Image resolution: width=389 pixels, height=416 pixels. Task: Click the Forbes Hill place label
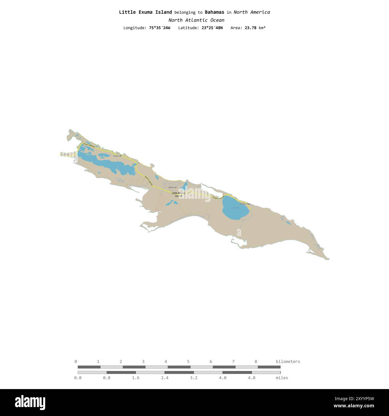pyautogui.click(x=117, y=156)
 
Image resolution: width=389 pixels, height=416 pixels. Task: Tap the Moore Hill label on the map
pyautogui.click(x=173, y=187)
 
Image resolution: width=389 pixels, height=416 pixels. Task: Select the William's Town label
pyautogui.click(x=245, y=204)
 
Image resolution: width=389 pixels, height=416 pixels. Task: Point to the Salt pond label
pyautogui.click(x=235, y=208)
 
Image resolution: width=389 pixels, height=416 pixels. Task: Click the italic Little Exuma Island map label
pyautogui.click(x=178, y=195)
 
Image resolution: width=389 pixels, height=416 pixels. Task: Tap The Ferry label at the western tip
pyautogui.click(x=65, y=154)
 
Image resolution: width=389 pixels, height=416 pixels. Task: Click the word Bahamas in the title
pyautogui.click(x=214, y=12)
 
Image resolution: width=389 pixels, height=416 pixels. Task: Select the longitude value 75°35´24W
pyautogui.click(x=159, y=28)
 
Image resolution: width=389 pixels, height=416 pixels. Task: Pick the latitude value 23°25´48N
pyautogui.click(x=212, y=28)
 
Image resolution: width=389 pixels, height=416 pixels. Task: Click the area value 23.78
pyautogui.click(x=250, y=28)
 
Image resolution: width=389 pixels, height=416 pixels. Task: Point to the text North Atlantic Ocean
pyautogui.click(x=196, y=20)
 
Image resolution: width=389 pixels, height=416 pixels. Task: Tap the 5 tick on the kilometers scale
pyautogui.click(x=188, y=362)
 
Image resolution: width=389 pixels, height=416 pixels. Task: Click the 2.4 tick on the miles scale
pyautogui.click(x=165, y=378)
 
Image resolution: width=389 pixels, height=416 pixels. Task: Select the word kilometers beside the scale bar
pyautogui.click(x=288, y=362)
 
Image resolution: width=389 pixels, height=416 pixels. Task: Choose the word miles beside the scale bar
pyautogui.click(x=282, y=378)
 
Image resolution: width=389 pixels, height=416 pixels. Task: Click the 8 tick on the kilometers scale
pyautogui.click(x=256, y=362)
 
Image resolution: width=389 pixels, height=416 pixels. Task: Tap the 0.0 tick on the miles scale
pyautogui.click(x=78, y=378)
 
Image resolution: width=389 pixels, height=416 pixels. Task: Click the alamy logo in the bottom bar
pyautogui.click(x=30, y=402)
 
